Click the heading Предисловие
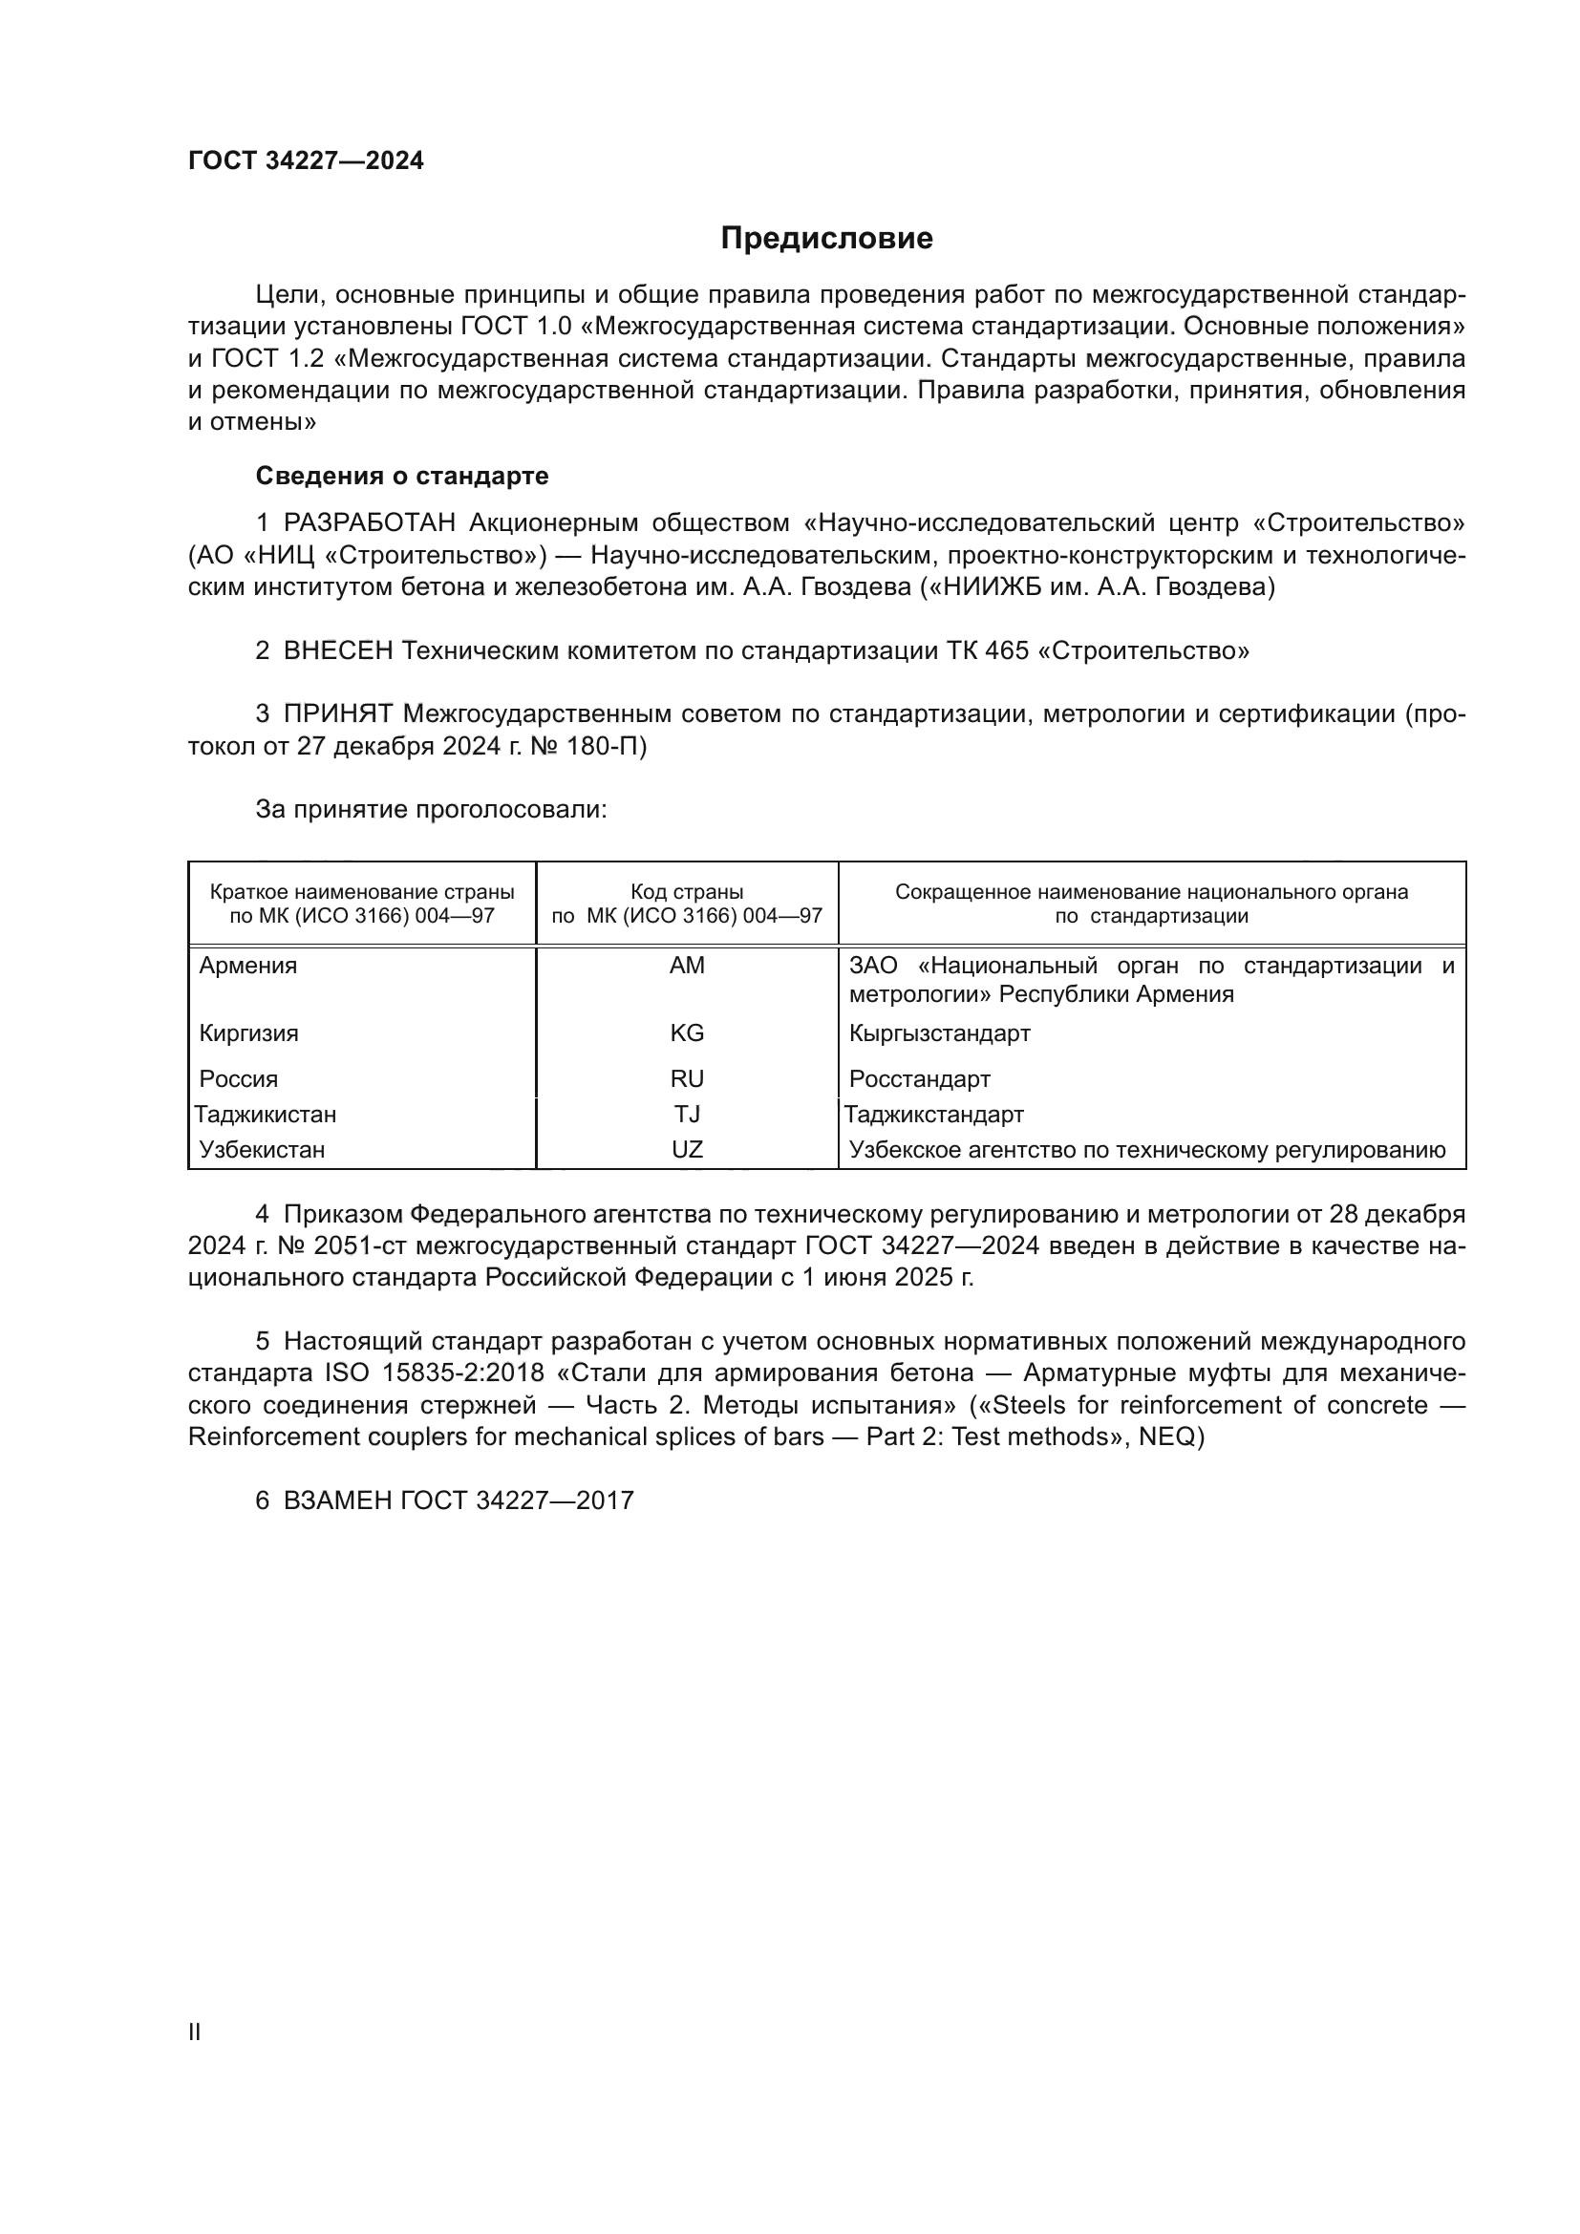[826, 239]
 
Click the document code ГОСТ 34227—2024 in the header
[306, 160]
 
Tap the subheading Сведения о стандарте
[402, 476]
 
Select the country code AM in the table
[687, 966]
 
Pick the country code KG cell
[687, 1032]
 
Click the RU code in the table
[687, 1078]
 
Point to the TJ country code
[687, 1114]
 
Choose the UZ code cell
[687, 1149]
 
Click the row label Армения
[248, 966]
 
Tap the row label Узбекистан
[262, 1149]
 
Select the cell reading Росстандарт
[919, 1078]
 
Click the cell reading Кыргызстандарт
[939, 1032]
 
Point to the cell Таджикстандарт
[933, 1114]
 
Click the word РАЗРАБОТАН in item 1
[370, 523]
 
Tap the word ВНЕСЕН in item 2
[337, 650]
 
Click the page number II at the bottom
[195, 2032]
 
